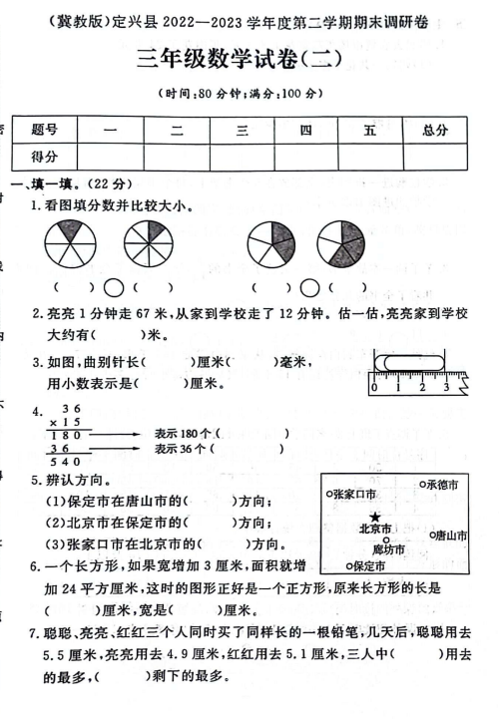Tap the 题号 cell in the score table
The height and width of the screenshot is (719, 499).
tap(45, 129)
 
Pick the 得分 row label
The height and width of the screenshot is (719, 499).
tap(45, 156)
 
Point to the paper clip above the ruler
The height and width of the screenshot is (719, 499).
tap(405, 361)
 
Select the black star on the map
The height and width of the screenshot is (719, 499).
tap(374, 516)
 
